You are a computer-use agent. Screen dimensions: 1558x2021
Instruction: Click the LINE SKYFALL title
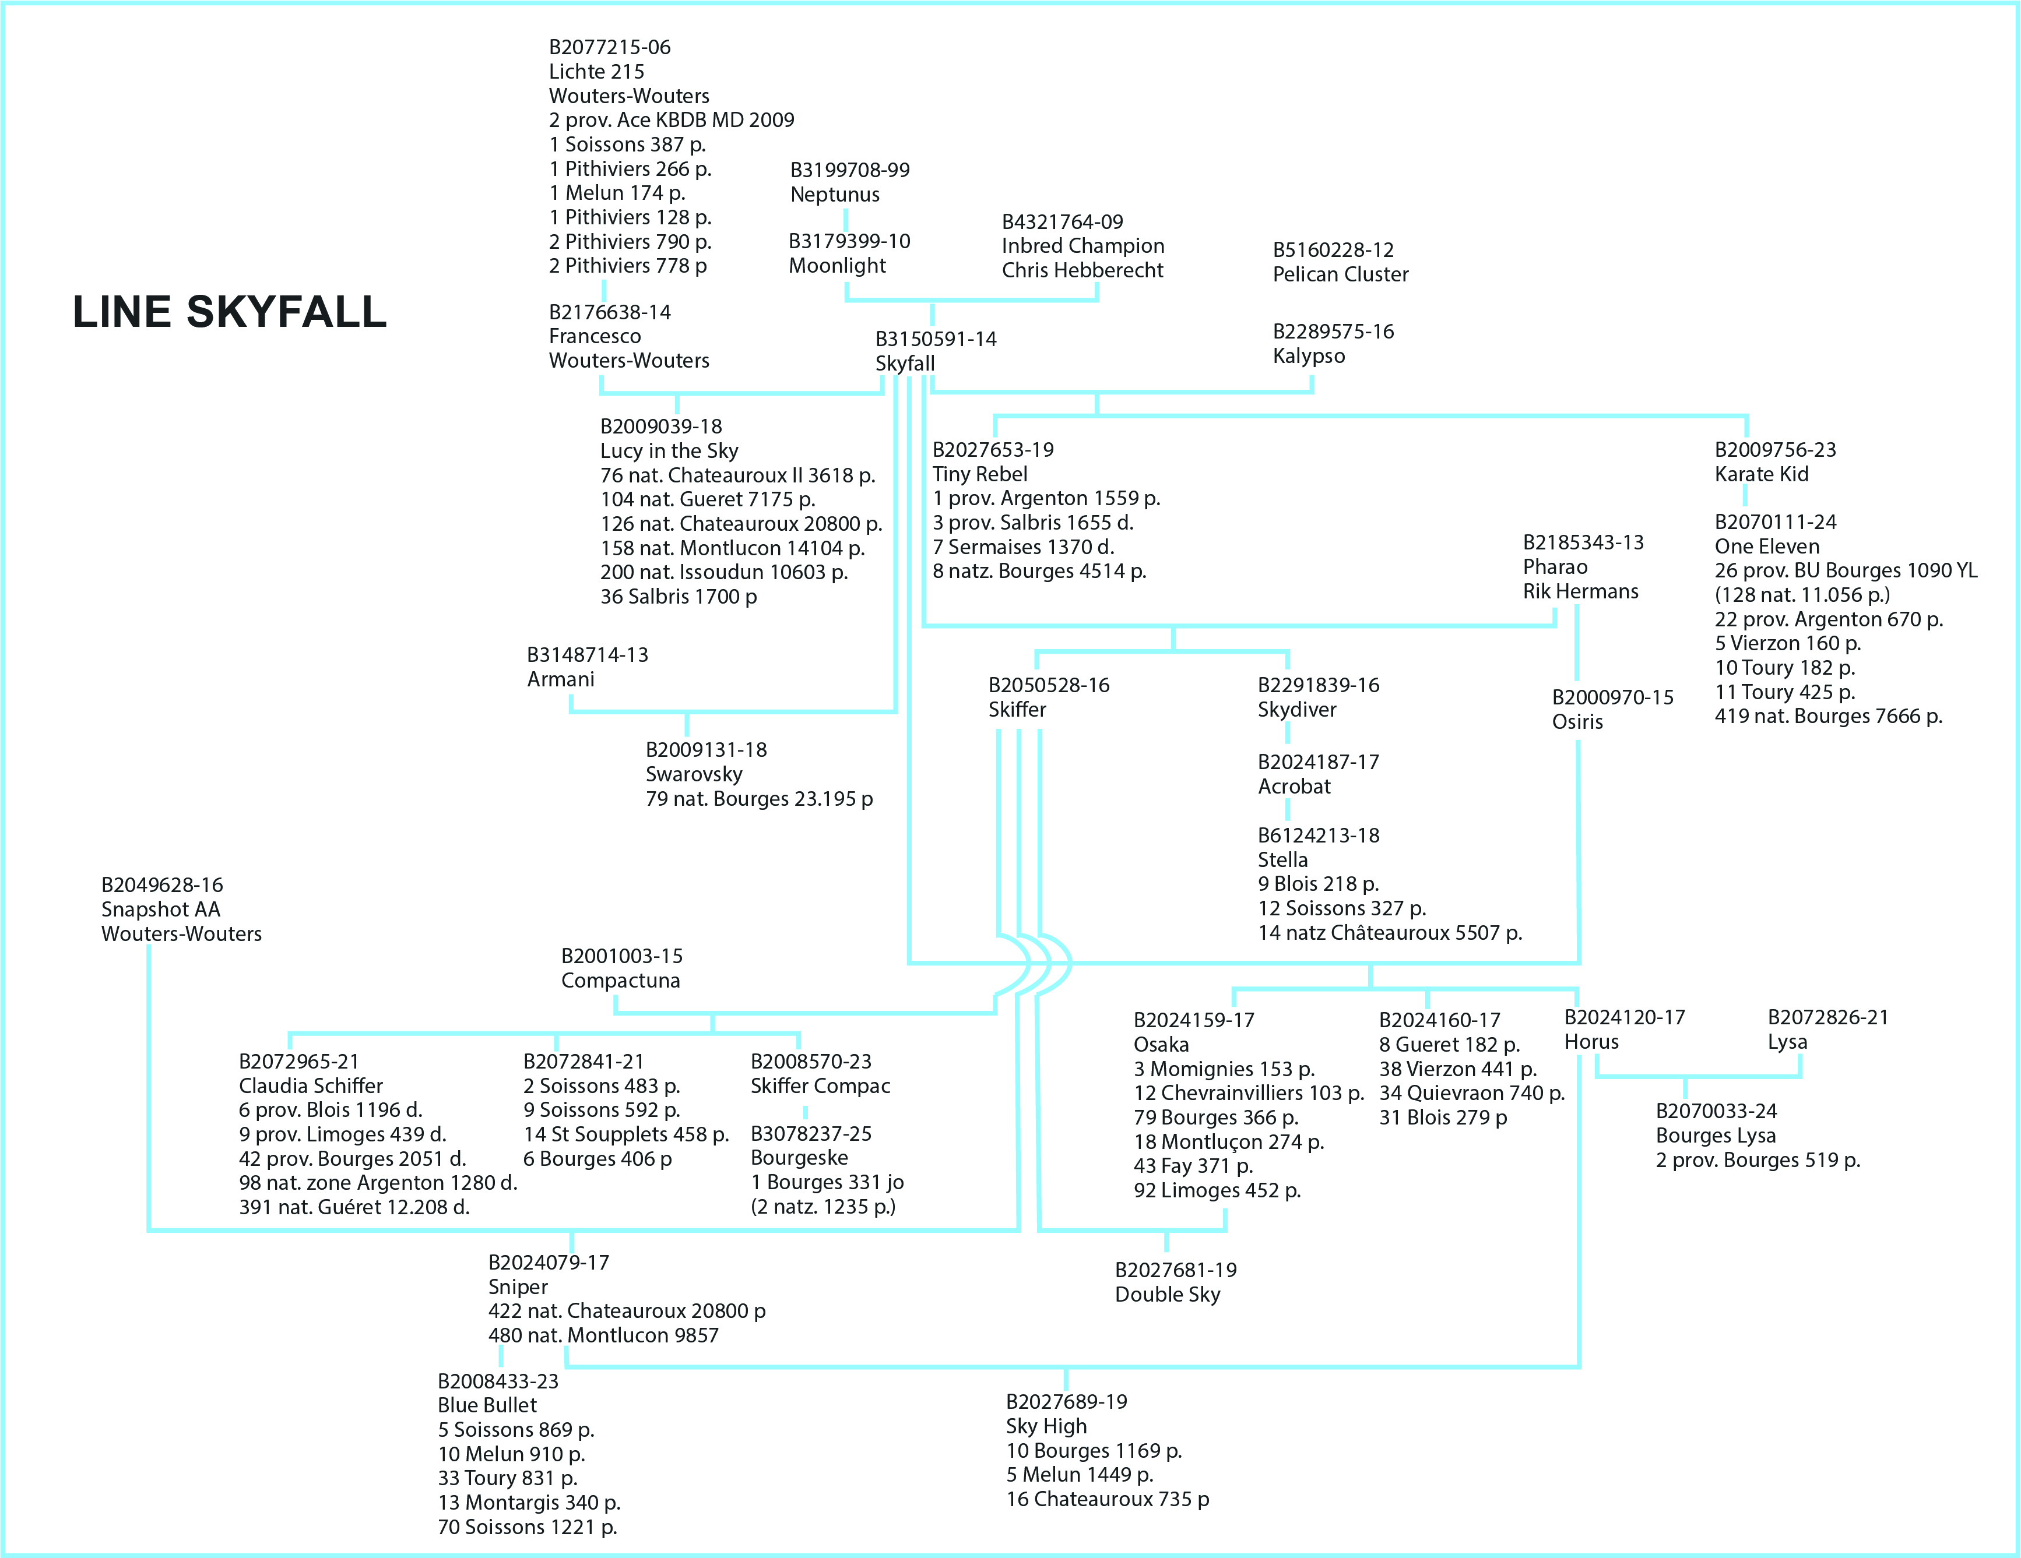point(230,312)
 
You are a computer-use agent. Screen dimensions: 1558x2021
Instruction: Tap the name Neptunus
point(835,194)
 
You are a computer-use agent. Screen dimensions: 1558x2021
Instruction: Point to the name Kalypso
point(1309,355)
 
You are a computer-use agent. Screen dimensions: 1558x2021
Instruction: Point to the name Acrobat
point(1294,787)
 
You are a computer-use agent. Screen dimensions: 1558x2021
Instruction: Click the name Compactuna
point(620,980)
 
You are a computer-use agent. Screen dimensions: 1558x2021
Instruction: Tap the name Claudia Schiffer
point(310,1085)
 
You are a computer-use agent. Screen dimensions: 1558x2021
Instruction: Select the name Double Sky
point(1167,1293)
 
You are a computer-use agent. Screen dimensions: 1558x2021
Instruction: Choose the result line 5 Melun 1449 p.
point(1079,1474)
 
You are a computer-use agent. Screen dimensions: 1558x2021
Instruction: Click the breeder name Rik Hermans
point(1580,591)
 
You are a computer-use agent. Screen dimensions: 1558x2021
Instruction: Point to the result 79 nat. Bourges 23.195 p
point(759,798)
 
